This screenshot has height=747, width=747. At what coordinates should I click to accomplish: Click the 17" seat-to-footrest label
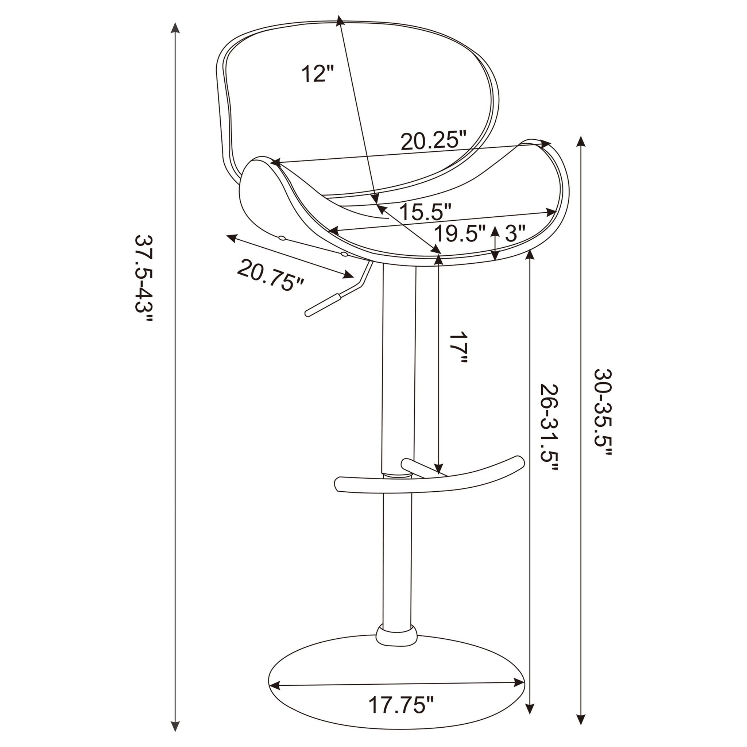459,347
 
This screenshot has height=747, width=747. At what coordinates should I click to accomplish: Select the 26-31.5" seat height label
549,432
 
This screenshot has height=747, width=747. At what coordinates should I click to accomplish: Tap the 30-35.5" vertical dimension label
603,413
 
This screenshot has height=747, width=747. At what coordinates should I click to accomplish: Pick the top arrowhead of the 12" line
340,20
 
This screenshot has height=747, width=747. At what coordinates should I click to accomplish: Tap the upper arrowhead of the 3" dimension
494,231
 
